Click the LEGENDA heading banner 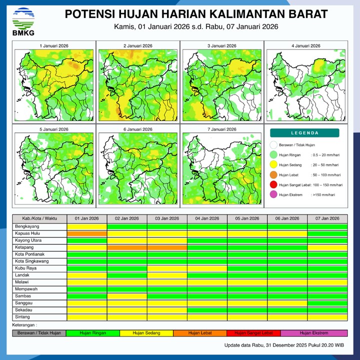[x=304, y=133]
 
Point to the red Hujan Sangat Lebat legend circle [x=273, y=185]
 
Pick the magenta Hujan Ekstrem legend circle [x=273, y=194]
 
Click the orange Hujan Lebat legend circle [x=273, y=175]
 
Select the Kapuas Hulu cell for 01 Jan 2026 [x=87, y=234]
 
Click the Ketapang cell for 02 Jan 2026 [x=127, y=247]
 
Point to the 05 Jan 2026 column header [x=247, y=218]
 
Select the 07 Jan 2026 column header [x=327, y=218]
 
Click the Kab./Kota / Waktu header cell [x=40, y=218]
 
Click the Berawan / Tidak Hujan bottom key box [x=39, y=333]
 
